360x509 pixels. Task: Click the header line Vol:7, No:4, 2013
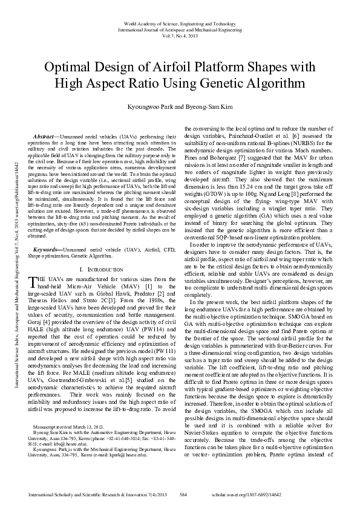coord(180,35)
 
